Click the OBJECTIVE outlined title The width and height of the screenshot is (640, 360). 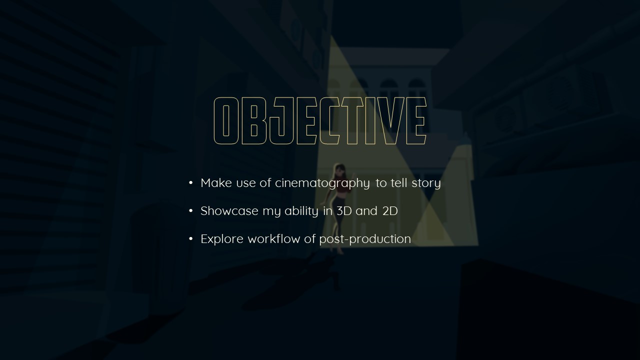320,121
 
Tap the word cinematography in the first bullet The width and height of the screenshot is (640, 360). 322,183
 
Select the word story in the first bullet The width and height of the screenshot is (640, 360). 426,183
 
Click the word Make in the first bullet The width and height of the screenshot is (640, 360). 216,183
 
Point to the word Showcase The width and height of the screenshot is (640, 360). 229,211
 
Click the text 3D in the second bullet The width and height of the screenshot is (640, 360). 344,211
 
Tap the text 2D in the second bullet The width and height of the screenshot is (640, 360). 390,211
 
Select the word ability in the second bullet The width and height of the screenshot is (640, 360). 301,211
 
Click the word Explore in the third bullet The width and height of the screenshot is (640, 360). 222,239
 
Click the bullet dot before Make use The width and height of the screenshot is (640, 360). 191,183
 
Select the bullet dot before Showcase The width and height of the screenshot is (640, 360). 191,211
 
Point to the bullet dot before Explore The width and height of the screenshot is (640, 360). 191,239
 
